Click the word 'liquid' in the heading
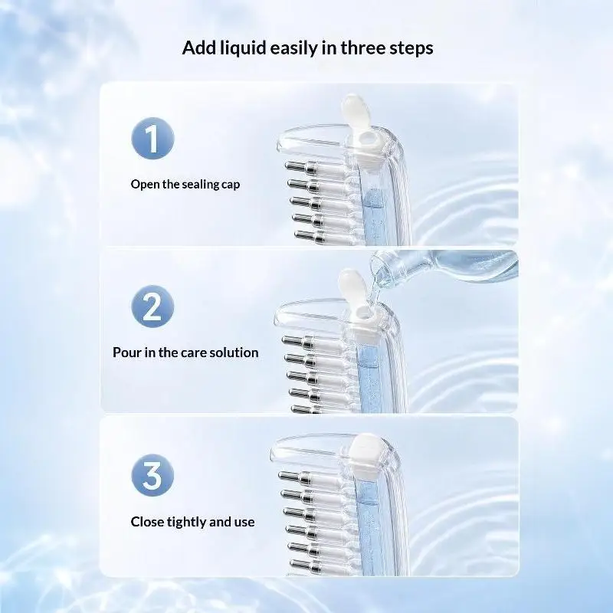[x=243, y=48]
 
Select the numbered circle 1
[x=152, y=139]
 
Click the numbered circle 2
[x=152, y=306]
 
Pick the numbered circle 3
[x=152, y=475]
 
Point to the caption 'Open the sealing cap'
[x=185, y=184]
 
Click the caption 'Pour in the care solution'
[x=185, y=352]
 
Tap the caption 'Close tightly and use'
[x=192, y=522]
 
